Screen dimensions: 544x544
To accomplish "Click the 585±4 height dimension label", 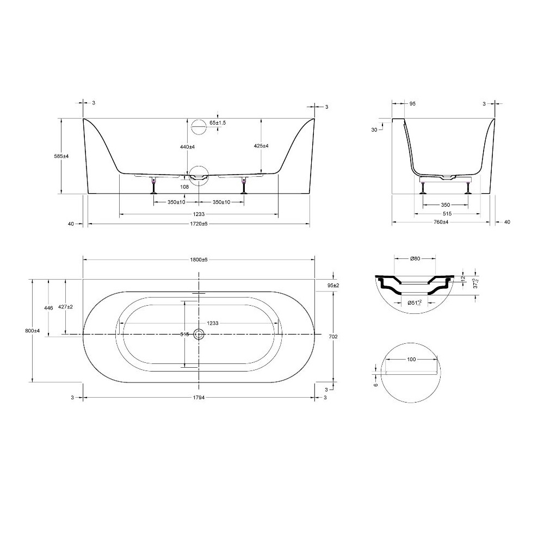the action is [61, 156].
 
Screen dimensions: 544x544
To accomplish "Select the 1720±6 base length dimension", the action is [199, 224].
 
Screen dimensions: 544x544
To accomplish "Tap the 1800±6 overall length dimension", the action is [199, 259].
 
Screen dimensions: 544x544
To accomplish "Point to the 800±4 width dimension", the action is [33, 331].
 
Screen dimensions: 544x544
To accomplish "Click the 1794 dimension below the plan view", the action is [199, 398].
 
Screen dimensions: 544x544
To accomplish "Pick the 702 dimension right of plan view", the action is [333, 336].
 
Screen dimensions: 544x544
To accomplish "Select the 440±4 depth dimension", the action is [187, 147].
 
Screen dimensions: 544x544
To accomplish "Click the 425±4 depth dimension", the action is [261, 146].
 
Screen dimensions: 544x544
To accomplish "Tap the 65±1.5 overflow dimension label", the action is [218, 123].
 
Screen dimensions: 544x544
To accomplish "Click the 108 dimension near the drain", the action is [184, 187].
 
